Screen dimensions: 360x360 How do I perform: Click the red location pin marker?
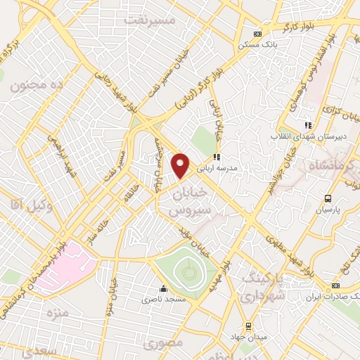point(181,165)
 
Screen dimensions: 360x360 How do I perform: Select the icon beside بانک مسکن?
point(257,34)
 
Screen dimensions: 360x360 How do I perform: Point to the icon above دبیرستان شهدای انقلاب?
point(307,124)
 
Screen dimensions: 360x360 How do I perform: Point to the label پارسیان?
point(328,210)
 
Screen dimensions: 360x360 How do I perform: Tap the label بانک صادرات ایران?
point(336,297)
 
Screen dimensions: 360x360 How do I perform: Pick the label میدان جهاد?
point(247,337)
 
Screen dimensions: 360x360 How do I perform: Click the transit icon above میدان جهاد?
point(247,326)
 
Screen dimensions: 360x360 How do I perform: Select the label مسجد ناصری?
point(164,300)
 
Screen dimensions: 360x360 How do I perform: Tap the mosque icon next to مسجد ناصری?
point(164,288)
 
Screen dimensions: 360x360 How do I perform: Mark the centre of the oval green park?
point(186,270)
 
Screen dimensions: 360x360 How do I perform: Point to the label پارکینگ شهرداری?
point(262,288)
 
